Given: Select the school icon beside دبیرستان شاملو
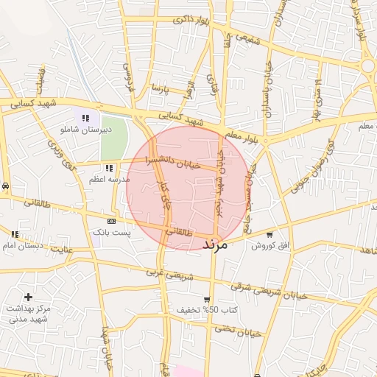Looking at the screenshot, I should point(86,117).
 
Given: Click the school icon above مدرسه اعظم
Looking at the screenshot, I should point(109,169).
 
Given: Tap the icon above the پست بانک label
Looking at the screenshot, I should point(112,221).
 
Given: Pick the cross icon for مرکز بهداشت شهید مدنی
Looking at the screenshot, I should point(28,297).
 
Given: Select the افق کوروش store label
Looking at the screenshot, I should point(269,245).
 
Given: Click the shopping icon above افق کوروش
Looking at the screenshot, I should point(269,235).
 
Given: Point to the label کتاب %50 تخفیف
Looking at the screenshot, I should point(207,311).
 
